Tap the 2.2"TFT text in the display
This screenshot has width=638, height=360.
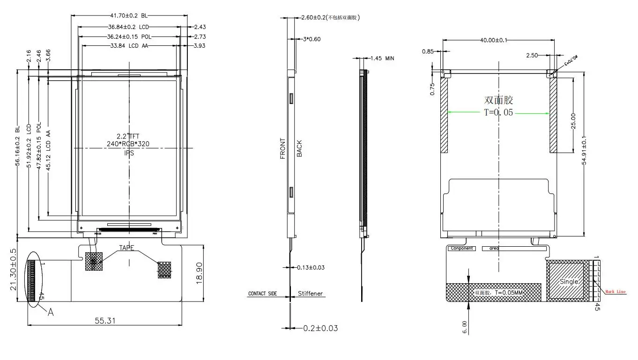128,136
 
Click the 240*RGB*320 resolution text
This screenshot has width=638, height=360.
128,144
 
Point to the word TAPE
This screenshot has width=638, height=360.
126,248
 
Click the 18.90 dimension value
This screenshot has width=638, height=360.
199,273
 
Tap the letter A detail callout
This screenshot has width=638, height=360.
51,312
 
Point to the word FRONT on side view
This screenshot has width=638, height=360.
283,148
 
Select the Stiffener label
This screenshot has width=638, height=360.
311,294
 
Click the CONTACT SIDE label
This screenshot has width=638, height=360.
262,294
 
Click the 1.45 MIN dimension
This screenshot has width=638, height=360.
382,59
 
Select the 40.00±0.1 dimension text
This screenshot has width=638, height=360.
493,40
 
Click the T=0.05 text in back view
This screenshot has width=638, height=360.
498,112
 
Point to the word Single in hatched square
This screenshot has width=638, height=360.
569,281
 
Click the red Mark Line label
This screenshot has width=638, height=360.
615,292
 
